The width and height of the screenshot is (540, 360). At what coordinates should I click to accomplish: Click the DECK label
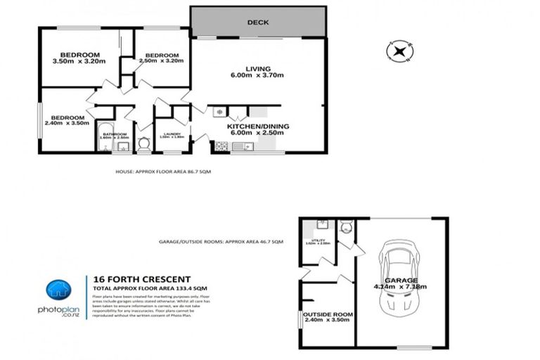coord(258,22)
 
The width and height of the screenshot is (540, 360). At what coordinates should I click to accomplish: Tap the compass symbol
coord(399,51)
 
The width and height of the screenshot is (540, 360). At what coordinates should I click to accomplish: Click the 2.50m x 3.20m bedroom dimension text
coord(161,61)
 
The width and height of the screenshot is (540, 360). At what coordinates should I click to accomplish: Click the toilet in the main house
coord(144,143)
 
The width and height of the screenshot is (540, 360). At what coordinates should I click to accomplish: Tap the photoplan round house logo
coord(59,291)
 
